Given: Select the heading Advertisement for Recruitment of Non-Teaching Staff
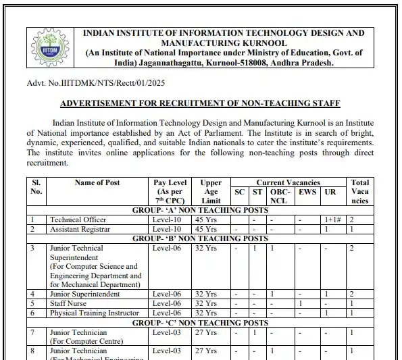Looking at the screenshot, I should pos(200,103).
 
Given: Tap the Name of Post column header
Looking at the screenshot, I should pos(97,182).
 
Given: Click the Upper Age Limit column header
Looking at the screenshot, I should pos(210,191).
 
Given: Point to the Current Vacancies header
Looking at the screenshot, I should pos(288,182).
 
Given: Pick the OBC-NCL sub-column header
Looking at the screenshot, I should pos(278,196).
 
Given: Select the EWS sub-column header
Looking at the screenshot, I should pos(307,192).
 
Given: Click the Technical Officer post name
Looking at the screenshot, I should pos(78,220).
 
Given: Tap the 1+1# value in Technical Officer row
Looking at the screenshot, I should pos(332,220).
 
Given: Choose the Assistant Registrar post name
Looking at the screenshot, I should pos(80,229).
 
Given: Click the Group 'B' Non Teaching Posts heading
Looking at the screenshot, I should pos(200,238).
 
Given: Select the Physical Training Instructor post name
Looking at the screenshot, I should pos(95,313).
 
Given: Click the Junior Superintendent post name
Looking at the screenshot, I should pos(84,294).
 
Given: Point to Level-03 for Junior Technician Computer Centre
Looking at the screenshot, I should pos(167,332).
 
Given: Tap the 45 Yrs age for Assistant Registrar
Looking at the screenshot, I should pos(206,229).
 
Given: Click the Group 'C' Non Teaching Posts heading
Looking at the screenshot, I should pos(200,322).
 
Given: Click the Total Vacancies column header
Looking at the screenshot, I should pos(360,191).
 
